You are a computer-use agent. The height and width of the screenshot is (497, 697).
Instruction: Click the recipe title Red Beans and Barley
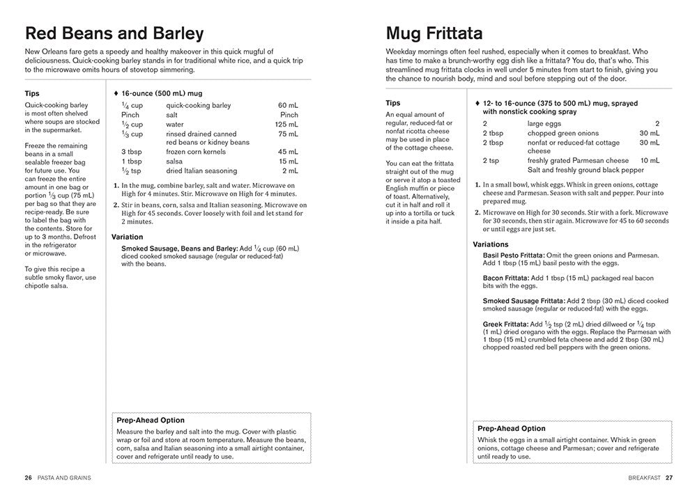click(x=114, y=33)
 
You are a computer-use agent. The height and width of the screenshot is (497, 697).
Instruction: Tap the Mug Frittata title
click(x=434, y=33)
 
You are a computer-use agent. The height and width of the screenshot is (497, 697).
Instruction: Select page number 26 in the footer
click(x=28, y=478)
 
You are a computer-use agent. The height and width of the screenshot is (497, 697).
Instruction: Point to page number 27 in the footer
click(x=669, y=478)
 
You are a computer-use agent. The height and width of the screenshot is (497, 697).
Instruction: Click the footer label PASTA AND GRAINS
click(x=65, y=478)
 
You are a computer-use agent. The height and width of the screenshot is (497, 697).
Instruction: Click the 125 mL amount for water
click(x=289, y=125)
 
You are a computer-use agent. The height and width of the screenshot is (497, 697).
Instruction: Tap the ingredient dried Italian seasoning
click(x=202, y=171)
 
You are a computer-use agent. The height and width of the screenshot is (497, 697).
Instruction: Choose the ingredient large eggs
click(x=545, y=124)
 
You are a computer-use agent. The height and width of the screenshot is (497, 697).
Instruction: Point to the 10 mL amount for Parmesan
click(x=650, y=160)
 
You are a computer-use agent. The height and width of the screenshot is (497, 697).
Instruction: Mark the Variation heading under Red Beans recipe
click(x=128, y=237)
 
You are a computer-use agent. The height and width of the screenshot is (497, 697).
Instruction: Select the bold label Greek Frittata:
click(x=505, y=324)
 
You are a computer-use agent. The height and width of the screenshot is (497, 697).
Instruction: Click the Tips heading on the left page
click(x=32, y=93)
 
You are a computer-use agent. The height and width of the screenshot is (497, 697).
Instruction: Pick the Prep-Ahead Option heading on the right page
click(x=512, y=429)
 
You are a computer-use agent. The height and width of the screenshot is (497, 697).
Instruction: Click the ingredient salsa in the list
click(x=175, y=161)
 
